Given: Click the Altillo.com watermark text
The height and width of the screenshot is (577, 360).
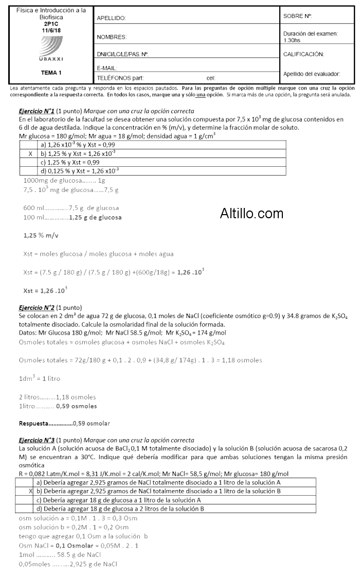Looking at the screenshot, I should pyautogui.click(x=251, y=213).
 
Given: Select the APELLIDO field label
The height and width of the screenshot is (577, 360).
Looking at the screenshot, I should pyautogui.click(x=112, y=19).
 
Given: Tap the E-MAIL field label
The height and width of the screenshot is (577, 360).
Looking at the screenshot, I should pyautogui.click(x=107, y=68).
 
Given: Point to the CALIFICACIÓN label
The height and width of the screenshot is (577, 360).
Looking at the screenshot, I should pyautogui.click(x=303, y=54).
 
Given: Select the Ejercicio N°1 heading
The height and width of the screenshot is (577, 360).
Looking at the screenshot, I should pyautogui.click(x=37, y=111).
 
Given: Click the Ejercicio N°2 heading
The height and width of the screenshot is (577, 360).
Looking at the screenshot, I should pyautogui.click(x=37, y=307).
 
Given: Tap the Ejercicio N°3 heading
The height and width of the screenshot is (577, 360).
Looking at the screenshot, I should pyautogui.click(x=37, y=440).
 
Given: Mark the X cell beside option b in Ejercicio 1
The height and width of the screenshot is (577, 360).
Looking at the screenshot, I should pyautogui.click(x=31, y=153).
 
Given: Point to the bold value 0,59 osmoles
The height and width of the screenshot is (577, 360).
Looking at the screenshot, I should pyautogui.click(x=77, y=406).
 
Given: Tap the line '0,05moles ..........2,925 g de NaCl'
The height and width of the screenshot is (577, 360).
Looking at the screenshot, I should pyautogui.click(x=68, y=564).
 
